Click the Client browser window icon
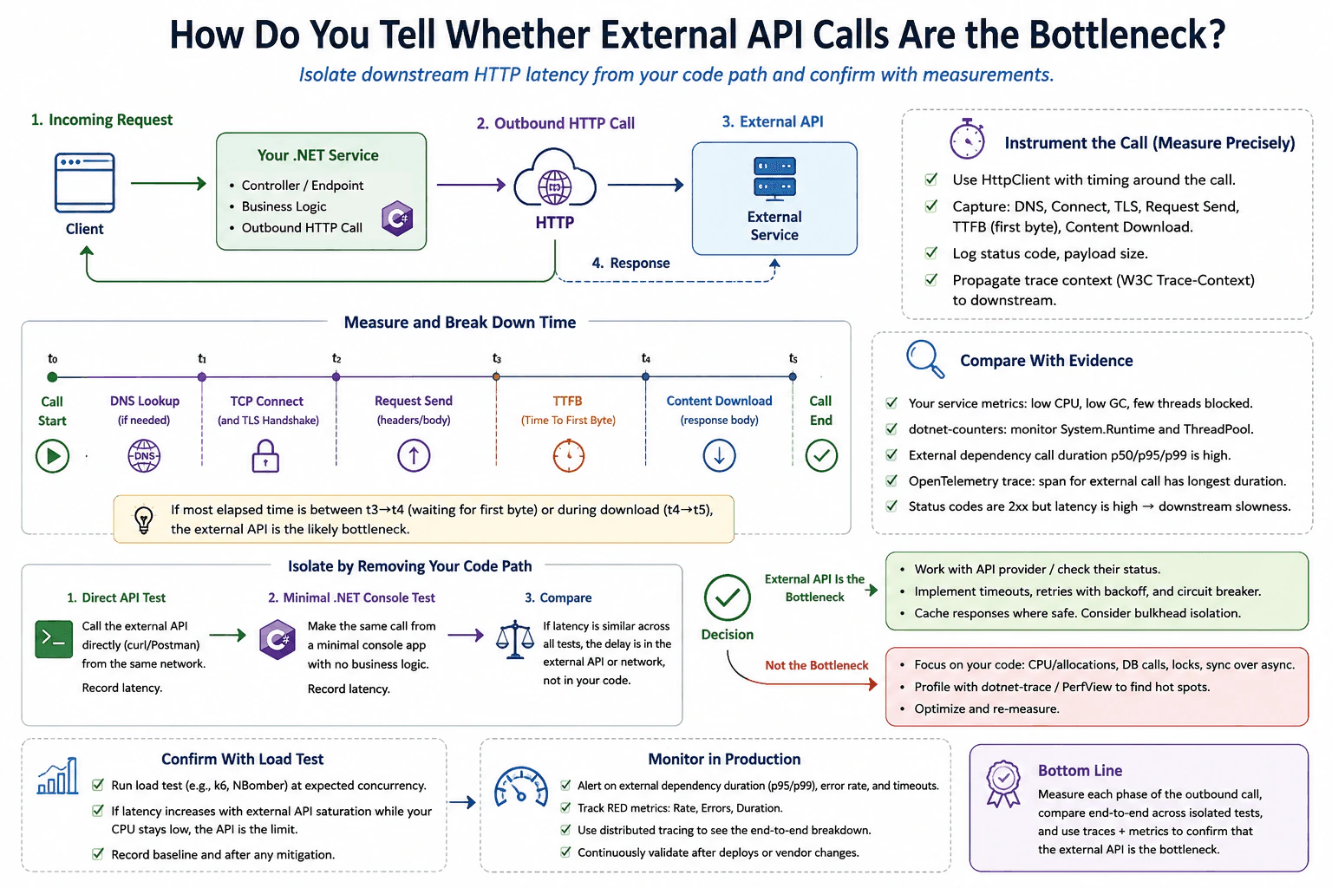click(x=84, y=183)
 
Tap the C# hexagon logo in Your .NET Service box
click(x=397, y=218)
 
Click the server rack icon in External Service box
click(x=774, y=179)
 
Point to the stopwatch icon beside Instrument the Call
click(x=967, y=139)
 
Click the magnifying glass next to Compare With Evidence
click(x=925, y=359)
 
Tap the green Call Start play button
click(x=52, y=455)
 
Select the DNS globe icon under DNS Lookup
click(x=144, y=455)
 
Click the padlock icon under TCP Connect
click(x=265, y=455)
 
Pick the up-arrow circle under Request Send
click(x=414, y=455)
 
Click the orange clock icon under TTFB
click(x=569, y=455)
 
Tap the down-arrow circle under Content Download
click(x=719, y=455)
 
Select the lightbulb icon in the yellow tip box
click(x=144, y=519)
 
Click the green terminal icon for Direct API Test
click(x=54, y=639)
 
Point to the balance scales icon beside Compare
click(x=515, y=639)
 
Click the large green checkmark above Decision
click(x=728, y=597)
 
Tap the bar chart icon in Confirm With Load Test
click(x=58, y=775)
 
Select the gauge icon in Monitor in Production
click(x=521, y=787)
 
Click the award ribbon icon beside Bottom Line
click(x=1003, y=783)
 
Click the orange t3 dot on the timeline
click(x=496, y=376)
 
